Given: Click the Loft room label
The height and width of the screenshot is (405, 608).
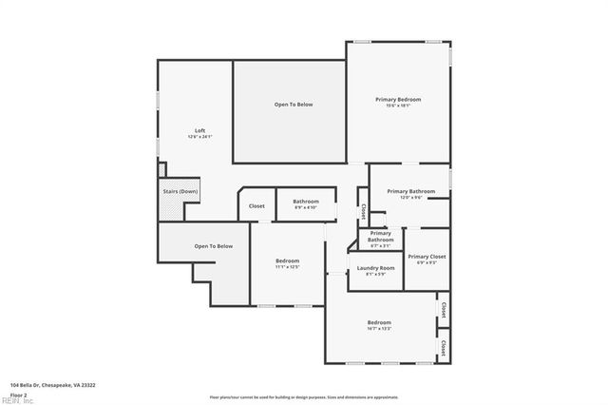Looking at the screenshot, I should [x=199, y=130].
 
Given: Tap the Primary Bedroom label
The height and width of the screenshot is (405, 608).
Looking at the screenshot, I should [x=398, y=100].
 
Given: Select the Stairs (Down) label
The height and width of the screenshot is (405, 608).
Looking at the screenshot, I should [x=180, y=191].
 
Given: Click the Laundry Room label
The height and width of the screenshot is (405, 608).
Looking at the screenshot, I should [x=376, y=268].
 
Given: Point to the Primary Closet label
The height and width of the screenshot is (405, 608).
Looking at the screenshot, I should [x=427, y=257].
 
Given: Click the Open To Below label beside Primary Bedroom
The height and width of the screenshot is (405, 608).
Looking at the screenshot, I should [x=294, y=104].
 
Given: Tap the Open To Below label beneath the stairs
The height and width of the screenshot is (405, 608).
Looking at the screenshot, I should [x=214, y=246].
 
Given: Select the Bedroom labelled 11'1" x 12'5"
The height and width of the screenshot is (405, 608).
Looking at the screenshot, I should [x=288, y=261].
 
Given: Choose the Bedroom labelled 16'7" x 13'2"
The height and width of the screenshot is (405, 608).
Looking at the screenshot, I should [x=379, y=323].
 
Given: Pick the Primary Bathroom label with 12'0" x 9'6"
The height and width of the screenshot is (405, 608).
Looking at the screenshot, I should [x=410, y=191].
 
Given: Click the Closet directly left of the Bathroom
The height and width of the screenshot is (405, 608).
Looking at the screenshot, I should [x=256, y=206].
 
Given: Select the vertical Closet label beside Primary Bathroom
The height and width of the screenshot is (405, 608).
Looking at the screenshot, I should [x=363, y=210].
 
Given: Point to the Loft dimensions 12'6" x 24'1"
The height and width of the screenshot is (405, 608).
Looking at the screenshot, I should [x=199, y=137].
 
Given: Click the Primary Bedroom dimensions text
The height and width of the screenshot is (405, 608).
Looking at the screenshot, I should [x=398, y=106].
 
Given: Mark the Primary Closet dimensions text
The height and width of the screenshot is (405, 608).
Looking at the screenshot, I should [x=427, y=263].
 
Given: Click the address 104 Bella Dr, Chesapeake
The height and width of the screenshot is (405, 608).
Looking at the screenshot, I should [x=52, y=385].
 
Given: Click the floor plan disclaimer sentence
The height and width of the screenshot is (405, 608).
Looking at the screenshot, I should [x=305, y=396].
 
